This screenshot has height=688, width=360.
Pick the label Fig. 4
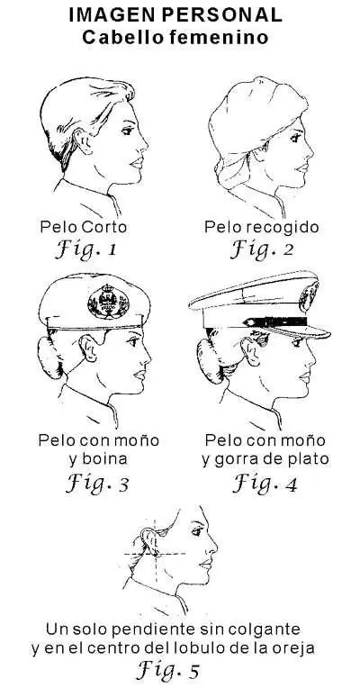[x=262, y=484]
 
